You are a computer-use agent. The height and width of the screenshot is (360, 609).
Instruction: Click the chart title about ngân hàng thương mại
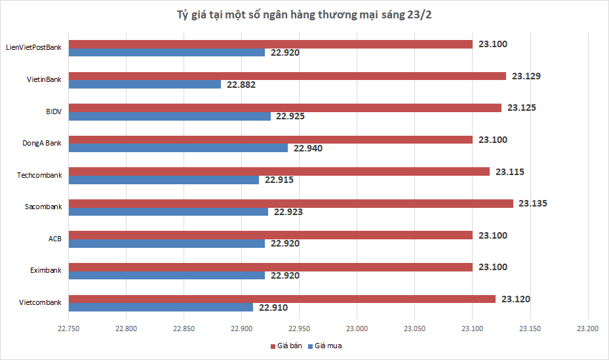tap(304, 14)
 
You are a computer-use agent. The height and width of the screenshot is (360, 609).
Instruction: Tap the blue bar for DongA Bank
tap(178, 148)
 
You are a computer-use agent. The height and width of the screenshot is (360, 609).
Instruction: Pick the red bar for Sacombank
tap(291, 203)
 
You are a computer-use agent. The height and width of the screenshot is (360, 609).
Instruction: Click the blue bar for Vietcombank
tap(161, 307)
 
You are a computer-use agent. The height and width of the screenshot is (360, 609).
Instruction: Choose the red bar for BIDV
tap(285, 108)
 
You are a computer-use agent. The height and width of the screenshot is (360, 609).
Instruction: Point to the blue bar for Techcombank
tap(164, 180)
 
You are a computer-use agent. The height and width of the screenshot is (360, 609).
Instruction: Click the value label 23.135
tap(532, 203)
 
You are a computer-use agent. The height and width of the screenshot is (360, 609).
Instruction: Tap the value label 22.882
tap(241, 85)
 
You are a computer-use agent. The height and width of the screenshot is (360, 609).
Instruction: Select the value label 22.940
tap(308, 148)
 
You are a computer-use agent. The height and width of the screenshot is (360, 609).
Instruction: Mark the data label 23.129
tap(526, 76)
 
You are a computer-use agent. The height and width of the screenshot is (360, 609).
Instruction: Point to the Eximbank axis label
tap(46, 270)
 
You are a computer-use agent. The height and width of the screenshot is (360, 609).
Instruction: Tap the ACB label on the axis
tap(55, 239)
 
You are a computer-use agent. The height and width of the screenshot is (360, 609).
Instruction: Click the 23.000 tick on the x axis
tap(357, 327)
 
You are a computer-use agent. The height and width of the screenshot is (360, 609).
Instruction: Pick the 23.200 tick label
tap(588, 327)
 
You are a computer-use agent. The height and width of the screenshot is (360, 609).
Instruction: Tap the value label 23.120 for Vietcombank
tap(515, 299)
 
